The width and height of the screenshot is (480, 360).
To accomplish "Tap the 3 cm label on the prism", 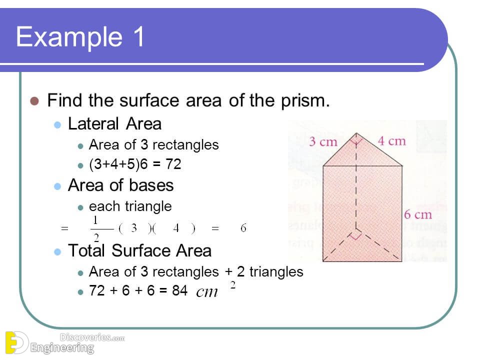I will pos(323,141).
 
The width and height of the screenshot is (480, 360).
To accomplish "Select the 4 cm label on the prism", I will pos(391,141).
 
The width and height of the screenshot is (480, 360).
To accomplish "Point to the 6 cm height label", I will pos(417,214).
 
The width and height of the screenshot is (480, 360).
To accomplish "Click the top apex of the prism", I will pos(355,133).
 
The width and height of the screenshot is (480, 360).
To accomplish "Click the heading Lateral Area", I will pos(114,123).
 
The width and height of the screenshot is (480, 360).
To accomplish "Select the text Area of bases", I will pos(120,185).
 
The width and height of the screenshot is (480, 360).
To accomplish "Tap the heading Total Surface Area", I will pos(139,250).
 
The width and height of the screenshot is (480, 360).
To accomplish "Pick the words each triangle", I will pos(130,206).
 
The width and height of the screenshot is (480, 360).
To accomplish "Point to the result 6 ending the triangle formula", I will pos(243,228).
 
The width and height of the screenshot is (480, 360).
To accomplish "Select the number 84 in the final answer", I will pos(179,290).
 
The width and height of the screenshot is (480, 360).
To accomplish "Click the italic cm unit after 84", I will pos(207,292).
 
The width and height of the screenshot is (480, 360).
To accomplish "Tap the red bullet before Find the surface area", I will pos(34,100).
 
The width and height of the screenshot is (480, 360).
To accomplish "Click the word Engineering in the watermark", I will pos(62,347).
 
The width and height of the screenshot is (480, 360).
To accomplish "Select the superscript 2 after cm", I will pos(232,285).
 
